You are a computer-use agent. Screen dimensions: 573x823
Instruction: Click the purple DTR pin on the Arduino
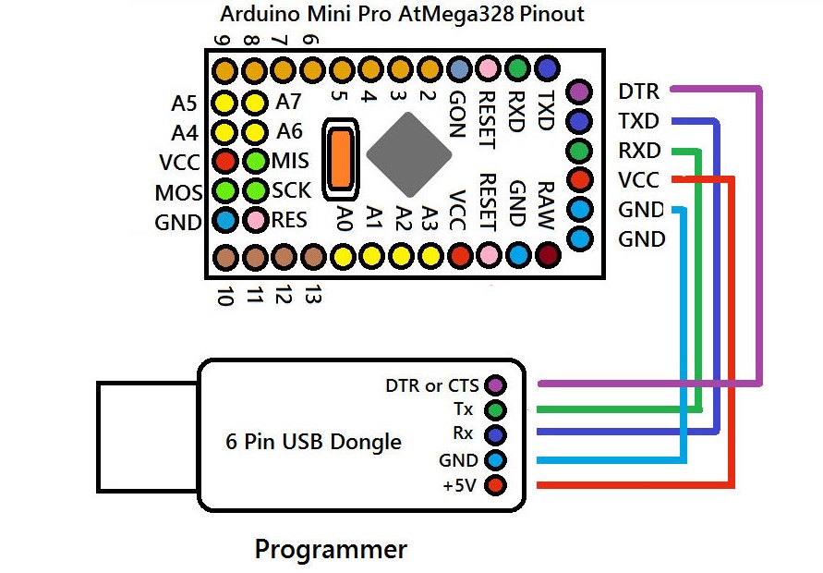tap(579, 91)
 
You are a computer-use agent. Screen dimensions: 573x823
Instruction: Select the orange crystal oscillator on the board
tap(341, 158)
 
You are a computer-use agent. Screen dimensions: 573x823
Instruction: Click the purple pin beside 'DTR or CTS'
tap(496, 385)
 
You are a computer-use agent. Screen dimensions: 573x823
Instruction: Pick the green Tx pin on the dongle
tap(496, 409)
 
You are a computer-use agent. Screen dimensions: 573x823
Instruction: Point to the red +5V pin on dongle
tap(496, 485)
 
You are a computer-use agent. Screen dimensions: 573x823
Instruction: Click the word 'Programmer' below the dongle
tap(331, 550)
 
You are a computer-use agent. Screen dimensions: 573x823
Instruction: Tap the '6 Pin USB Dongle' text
tap(314, 442)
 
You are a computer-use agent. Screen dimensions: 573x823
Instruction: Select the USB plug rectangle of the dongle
tap(149, 436)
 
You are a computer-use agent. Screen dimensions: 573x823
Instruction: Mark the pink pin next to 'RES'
tap(254, 221)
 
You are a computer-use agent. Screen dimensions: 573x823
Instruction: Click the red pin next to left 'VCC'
tap(224, 162)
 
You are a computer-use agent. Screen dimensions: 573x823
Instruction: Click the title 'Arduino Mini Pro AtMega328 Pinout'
tap(402, 16)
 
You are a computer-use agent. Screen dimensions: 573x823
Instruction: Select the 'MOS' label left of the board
tap(179, 193)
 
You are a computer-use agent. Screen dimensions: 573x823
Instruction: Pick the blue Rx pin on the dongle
tap(496, 434)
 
